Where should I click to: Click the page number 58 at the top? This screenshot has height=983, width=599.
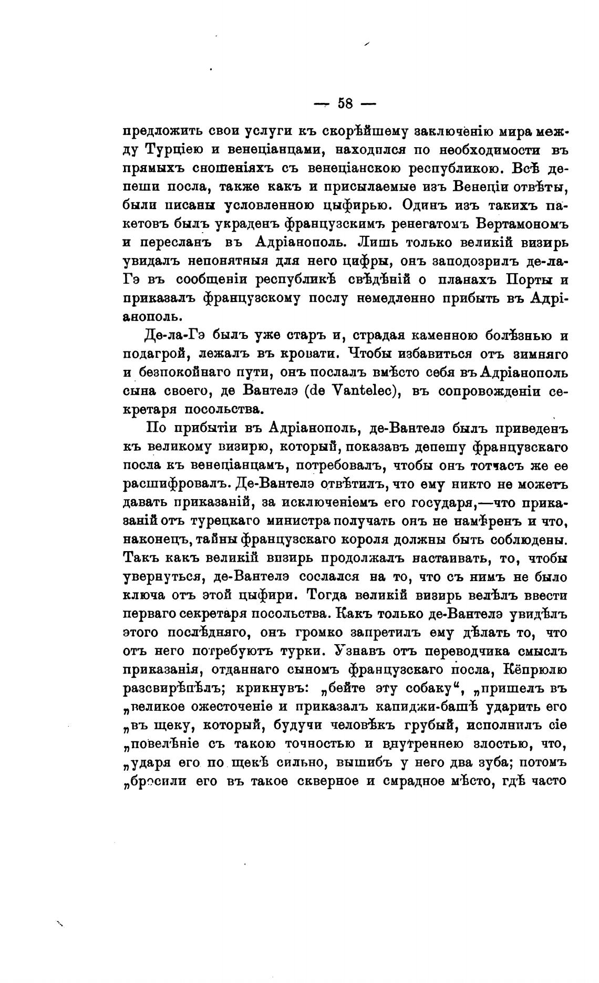pyautogui.click(x=345, y=104)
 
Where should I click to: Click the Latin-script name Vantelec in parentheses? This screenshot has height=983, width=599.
pyautogui.click(x=357, y=392)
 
